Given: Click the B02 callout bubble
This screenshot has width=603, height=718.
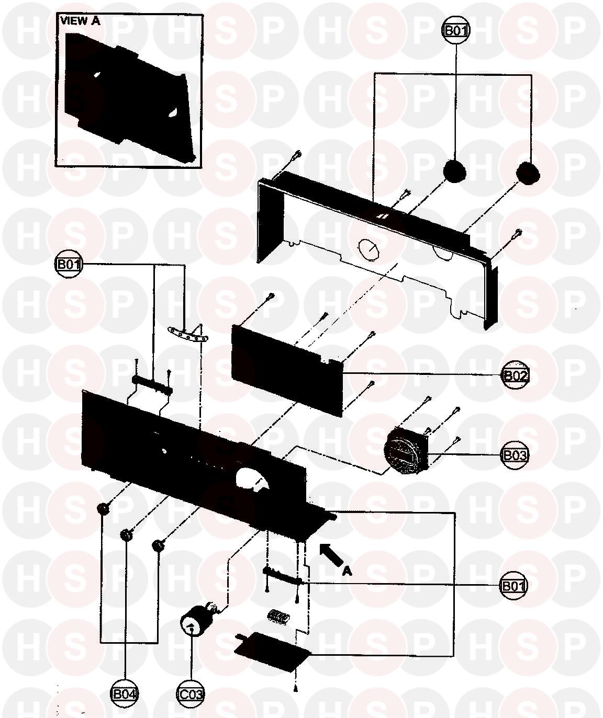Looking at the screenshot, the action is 515,375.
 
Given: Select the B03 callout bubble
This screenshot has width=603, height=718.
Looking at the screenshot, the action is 514,455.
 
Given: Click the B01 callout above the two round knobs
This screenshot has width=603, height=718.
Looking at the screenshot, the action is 455,31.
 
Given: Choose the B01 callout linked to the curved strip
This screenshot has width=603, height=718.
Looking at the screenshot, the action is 69,264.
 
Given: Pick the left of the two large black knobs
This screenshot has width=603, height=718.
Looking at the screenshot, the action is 454,171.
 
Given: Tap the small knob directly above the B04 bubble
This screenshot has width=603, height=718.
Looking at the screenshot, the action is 126,535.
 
